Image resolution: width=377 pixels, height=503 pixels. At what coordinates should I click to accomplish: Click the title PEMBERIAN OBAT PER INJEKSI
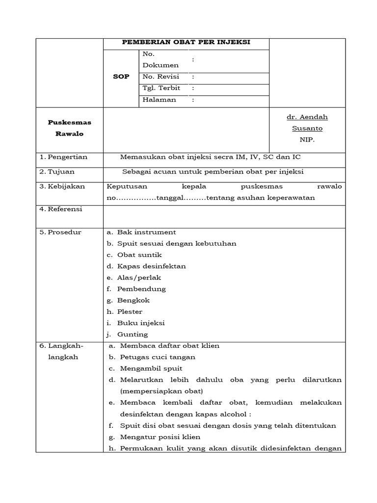point(186,42)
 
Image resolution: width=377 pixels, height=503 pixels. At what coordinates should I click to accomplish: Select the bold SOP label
point(121,77)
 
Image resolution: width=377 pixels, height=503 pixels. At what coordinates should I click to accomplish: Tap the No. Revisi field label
point(161,77)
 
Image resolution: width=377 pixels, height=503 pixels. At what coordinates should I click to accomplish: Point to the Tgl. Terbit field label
point(161,88)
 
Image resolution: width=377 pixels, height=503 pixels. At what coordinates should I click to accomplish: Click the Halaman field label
point(159,100)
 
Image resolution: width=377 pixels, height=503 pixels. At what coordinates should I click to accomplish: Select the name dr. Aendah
point(307,117)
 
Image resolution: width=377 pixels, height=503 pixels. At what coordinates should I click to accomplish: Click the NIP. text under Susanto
point(307,140)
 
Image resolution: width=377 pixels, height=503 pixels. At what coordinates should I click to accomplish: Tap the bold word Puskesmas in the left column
point(69,122)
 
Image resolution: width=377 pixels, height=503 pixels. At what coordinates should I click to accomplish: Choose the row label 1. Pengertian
point(63,157)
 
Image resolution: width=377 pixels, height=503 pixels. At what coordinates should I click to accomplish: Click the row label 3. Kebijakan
point(62,186)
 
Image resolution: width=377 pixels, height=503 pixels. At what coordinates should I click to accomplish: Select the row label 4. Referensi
point(61,209)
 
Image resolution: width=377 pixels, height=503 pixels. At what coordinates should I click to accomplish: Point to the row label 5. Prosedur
point(60,232)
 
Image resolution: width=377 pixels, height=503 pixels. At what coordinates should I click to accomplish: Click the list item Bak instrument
point(146,232)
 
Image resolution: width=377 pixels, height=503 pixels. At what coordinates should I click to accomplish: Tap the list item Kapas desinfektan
point(151,266)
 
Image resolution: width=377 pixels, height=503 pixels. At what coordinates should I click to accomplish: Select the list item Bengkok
point(134,300)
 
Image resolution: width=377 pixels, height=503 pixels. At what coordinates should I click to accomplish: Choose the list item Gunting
point(133,334)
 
